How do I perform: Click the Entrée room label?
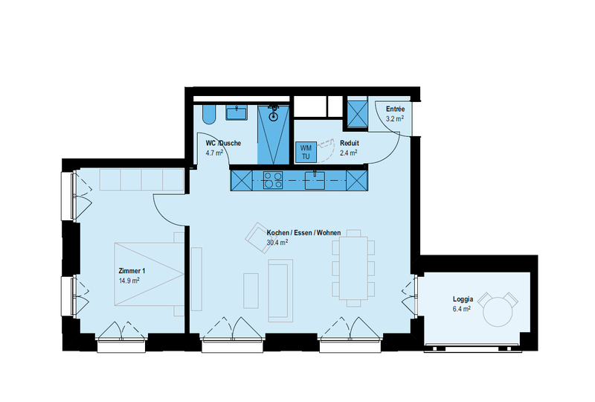coord(395,109)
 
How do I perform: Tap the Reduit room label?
coord(349,143)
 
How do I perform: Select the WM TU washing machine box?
coord(306,152)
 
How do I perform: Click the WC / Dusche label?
coord(223,143)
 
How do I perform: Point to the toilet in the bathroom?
coord(208,114)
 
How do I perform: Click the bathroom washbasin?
coord(237,113)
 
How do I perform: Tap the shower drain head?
coord(273,116)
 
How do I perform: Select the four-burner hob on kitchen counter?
coord(273,180)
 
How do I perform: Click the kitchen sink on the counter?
coord(315,180)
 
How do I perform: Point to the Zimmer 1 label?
coord(132,271)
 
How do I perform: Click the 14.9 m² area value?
coord(129,281)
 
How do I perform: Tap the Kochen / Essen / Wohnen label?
coord(303,232)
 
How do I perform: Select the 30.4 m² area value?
coord(277,242)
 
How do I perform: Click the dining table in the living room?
coord(354,268)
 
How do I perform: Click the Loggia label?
coord(463,299)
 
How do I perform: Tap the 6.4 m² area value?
coord(461,309)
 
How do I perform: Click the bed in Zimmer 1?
coord(149,274)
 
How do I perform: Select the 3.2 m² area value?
coord(395,118)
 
